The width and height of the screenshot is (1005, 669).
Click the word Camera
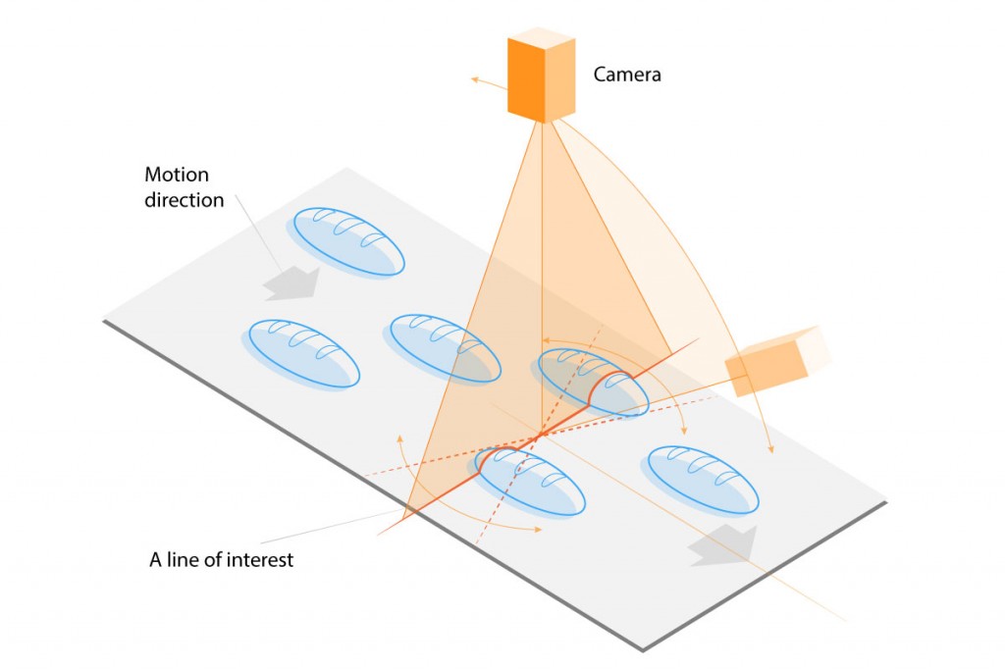(x=627, y=74)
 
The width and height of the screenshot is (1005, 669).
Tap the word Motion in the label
(x=177, y=176)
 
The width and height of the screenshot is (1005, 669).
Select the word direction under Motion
(x=185, y=200)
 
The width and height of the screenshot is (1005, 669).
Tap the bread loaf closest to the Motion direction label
(x=347, y=241)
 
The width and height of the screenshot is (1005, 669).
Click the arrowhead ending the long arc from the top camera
(x=769, y=449)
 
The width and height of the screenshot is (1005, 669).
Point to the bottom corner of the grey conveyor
(x=642, y=647)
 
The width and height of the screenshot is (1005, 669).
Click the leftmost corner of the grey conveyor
(x=105, y=318)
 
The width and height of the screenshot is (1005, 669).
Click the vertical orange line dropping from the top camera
(x=542, y=265)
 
